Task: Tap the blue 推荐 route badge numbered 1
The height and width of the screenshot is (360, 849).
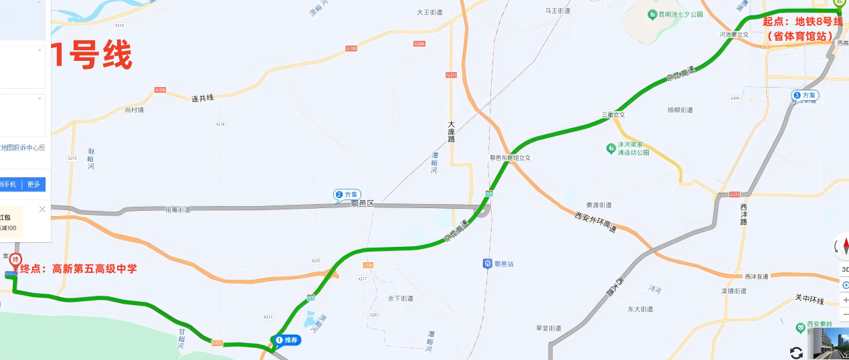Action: pyautogui.click(x=287, y=340)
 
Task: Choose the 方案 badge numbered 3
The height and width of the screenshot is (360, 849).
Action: pyautogui.click(x=804, y=96)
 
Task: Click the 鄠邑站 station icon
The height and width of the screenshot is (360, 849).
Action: pyautogui.click(x=488, y=264)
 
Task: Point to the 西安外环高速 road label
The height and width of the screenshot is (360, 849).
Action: pyautogui.click(x=595, y=223)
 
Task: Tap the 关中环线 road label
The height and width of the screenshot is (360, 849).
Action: pyautogui.click(x=809, y=298)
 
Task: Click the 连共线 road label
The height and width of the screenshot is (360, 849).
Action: pyautogui.click(x=202, y=98)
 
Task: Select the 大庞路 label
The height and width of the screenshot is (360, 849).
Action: pyautogui.click(x=451, y=132)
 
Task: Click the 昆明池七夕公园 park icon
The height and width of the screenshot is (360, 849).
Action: pyautogui.click(x=652, y=14)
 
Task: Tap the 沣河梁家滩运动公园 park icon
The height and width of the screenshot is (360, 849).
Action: pyautogui.click(x=610, y=148)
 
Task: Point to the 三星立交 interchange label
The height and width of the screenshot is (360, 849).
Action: pyautogui.click(x=612, y=115)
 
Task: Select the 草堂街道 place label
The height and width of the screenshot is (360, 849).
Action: pyautogui.click(x=548, y=328)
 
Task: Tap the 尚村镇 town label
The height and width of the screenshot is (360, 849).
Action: pyautogui.click(x=134, y=110)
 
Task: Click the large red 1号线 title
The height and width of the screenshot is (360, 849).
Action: pyautogui.click(x=92, y=56)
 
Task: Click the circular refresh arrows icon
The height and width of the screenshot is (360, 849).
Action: pyautogui.click(x=796, y=353)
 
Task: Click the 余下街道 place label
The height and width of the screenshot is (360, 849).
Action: pyautogui.click(x=401, y=298)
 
